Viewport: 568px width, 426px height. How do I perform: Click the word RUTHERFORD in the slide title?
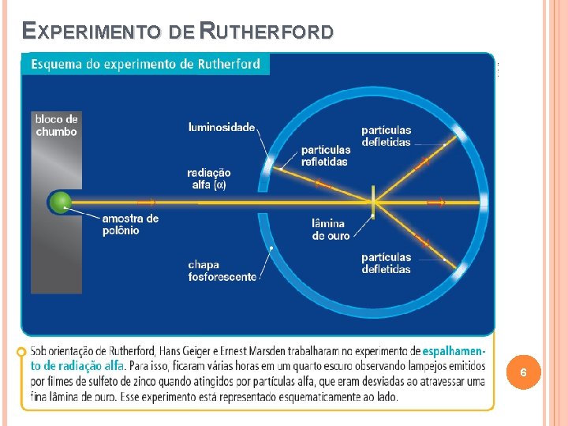tap(267, 32)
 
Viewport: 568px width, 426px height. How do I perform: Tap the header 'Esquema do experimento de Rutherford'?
tap(145, 64)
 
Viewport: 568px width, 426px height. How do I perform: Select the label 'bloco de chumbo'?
tap(56, 125)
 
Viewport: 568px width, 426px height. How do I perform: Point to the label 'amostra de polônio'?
tap(130, 224)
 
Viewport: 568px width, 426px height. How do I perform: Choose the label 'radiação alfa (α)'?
tap(208, 178)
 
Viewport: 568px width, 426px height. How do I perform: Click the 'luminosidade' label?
tap(222, 127)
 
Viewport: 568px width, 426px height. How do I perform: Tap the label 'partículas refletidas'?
tap(325, 155)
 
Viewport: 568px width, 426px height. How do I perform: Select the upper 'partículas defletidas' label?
tap(386, 136)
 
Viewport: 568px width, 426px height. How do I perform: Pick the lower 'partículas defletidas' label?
tap(386, 263)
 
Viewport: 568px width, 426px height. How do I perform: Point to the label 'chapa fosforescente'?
tap(222, 271)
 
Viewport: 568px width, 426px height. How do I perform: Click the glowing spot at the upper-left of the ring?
tap(271, 164)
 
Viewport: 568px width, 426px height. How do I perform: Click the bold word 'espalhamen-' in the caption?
tap(454, 351)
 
